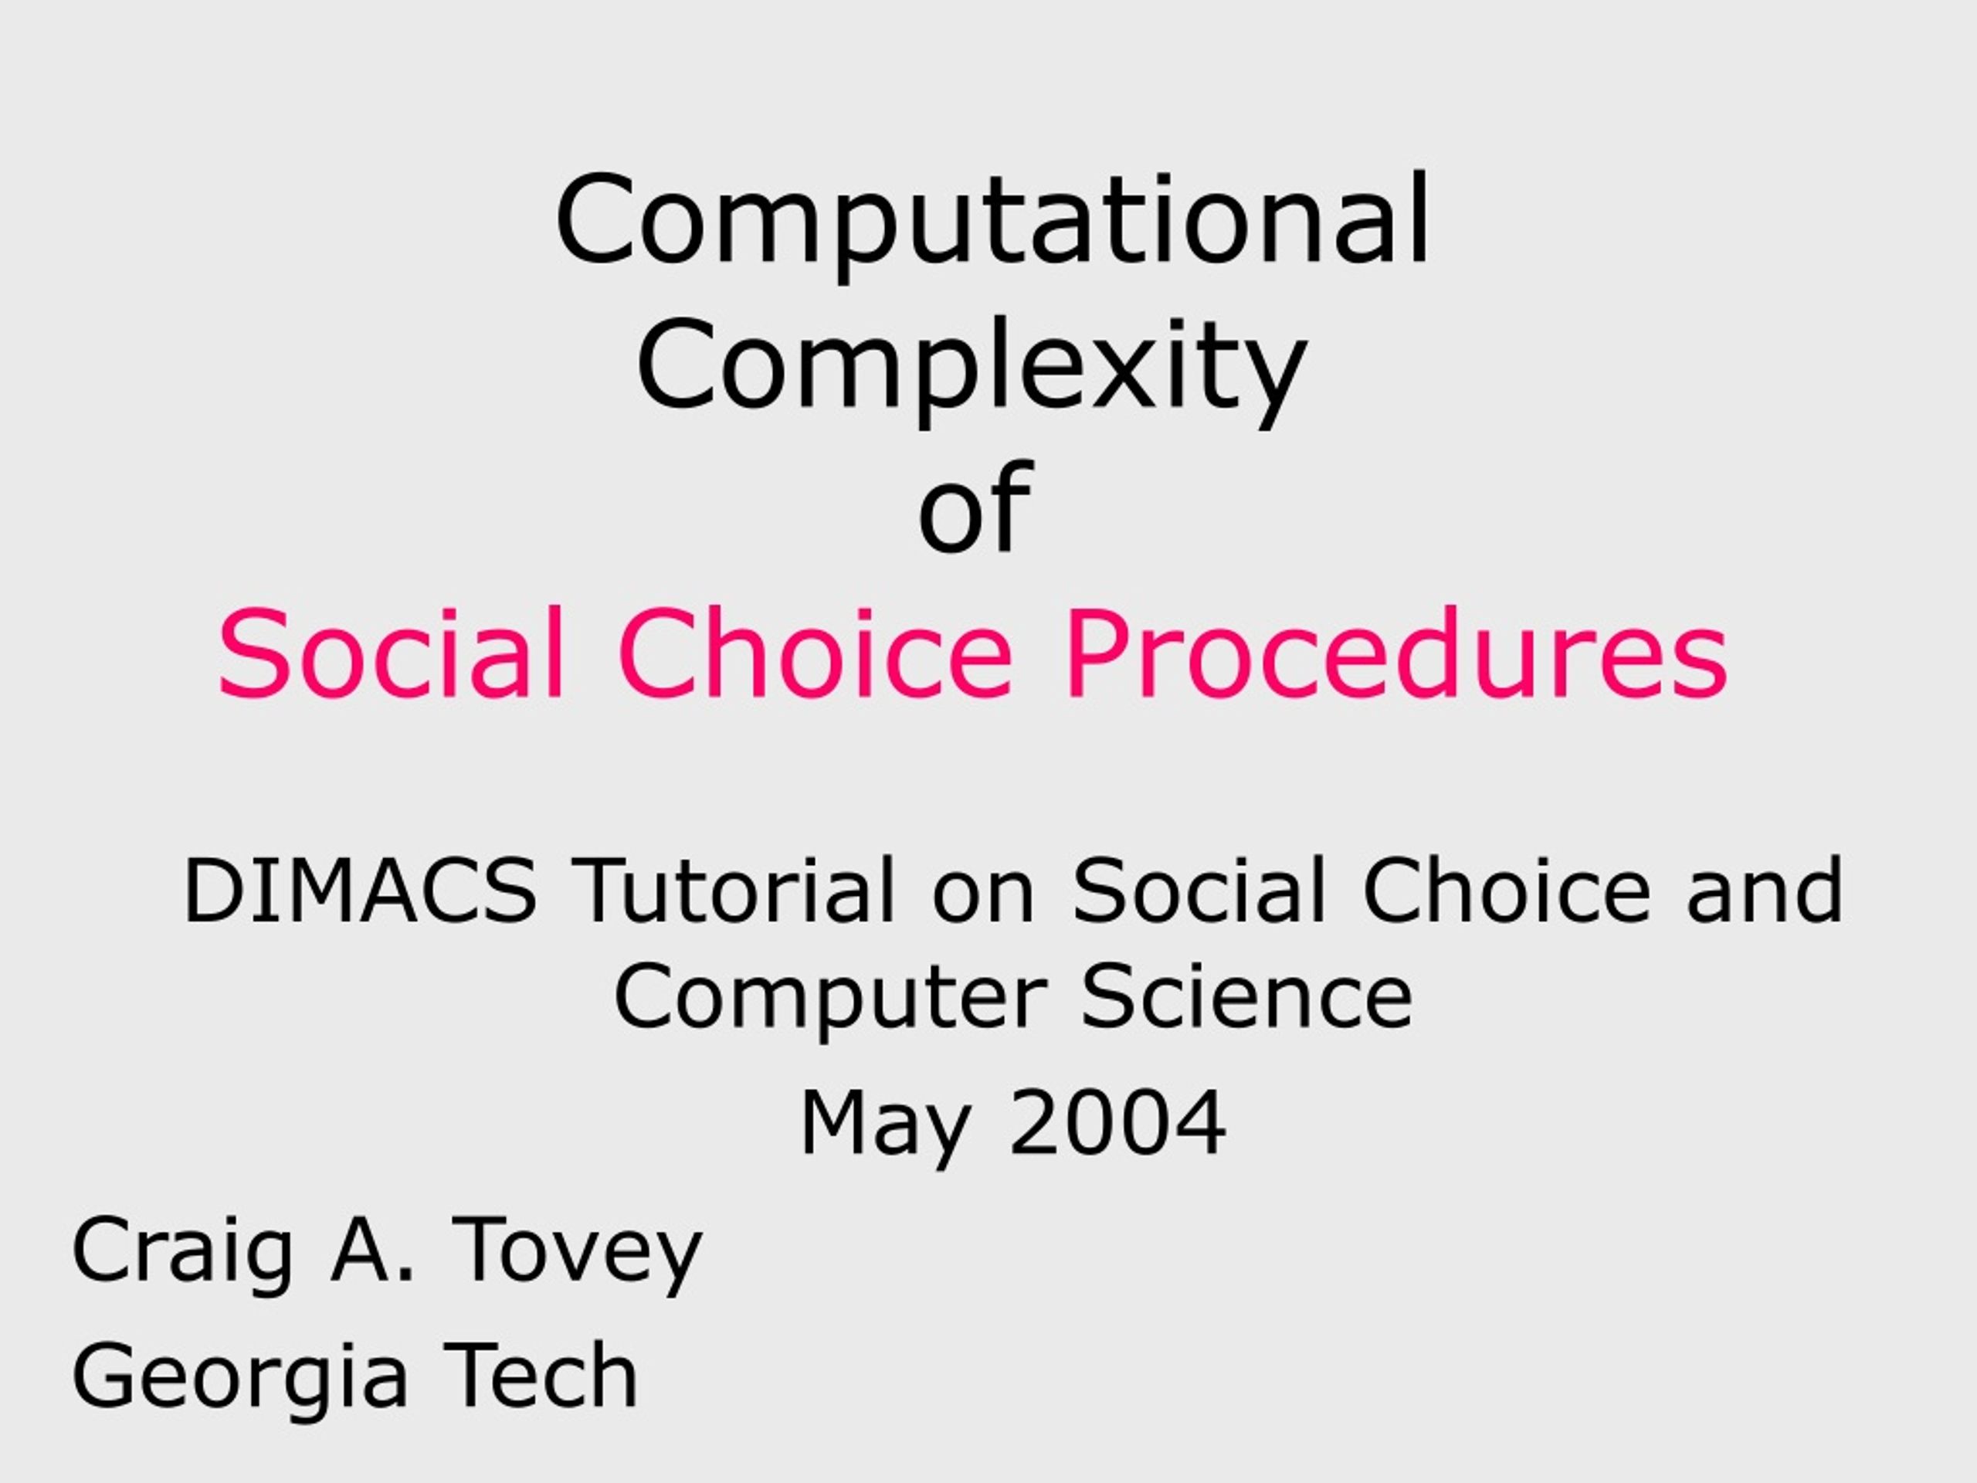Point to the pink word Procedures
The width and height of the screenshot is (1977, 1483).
pos(1396,652)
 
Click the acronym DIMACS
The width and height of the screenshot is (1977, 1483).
pos(360,891)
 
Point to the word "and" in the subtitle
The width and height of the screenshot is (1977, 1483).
pos(1765,891)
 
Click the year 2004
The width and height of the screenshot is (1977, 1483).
pos(1117,1123)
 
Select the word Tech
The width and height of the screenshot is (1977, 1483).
pos(542,1374)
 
